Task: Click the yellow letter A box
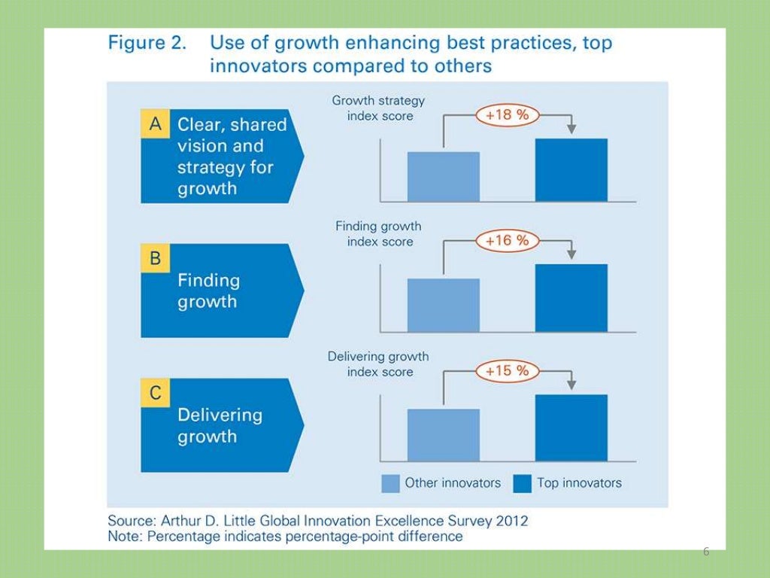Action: [x=156, y=125]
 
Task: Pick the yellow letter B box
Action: [x=156, y=258]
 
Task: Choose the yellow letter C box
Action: [x=156, y=392]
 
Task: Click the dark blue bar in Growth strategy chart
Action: [x=571, y=170]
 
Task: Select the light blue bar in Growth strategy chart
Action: [x=444, y=177]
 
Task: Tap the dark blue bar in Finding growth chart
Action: [x=571, y=298]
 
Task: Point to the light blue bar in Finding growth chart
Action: [x=444, y=305]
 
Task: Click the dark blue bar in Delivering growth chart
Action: [x=571, y=427]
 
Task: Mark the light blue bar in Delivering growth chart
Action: [x=444, y=435]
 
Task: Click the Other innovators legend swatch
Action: [x=390, y=483]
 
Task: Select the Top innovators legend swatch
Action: [x=522, y=483]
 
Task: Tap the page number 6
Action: [x=705, y=552]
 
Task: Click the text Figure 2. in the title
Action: [x=147, y=43]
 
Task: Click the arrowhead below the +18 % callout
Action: [x=571, y=129]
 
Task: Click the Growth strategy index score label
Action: [x=379, y=108]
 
